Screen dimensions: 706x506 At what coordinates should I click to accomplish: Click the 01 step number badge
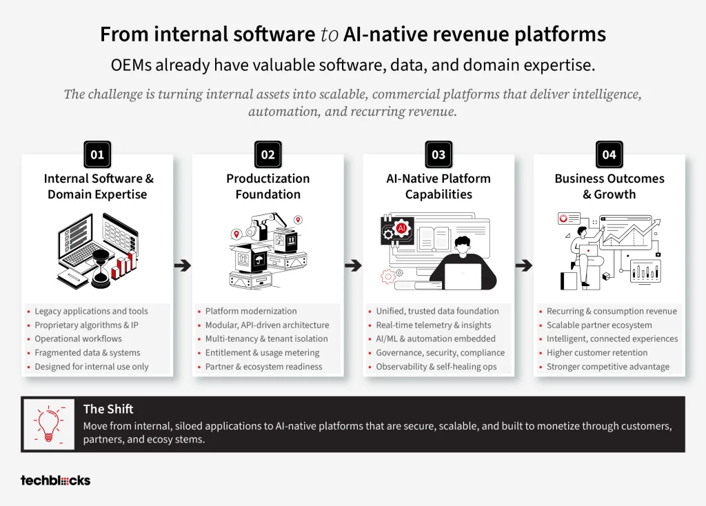click(x=97, y=154)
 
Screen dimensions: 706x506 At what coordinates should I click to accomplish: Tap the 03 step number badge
click(x=438, y=154)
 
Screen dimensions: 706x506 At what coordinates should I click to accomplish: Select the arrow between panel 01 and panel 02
click(x=182, y=265)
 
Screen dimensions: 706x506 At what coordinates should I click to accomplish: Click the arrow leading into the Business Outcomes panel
click(x=524, y=265)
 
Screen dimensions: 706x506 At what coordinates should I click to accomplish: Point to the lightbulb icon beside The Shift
click(x=49, y=423)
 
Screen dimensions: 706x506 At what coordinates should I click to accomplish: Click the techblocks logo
click(x=55, y=480)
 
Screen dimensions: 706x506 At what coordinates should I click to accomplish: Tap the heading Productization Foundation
click(x=268, y=186)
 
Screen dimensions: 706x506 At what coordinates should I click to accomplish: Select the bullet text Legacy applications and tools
click(x=92, y=311)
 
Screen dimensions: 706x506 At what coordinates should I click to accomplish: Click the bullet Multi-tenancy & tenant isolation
click(x=267, y=338)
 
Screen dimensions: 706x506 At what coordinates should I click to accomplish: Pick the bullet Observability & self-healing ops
click(x=436, y=367)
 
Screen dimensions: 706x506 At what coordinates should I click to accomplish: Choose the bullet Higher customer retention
click(x=597, y=352)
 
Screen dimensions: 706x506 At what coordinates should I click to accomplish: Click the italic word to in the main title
click(x=329, y=34)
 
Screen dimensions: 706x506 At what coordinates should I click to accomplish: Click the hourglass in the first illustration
click(x=101, y=269)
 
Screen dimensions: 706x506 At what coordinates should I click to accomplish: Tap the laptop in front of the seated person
click(x=463, y=276)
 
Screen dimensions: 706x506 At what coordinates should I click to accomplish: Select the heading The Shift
click(x=108, y=409)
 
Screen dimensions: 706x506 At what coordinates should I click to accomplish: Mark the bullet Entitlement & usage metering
click(x=263, y=352)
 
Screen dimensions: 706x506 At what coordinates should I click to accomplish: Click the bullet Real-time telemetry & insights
click(x=434, y=325)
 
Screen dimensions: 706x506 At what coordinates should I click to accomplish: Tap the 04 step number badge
click(x=609, y=154)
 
